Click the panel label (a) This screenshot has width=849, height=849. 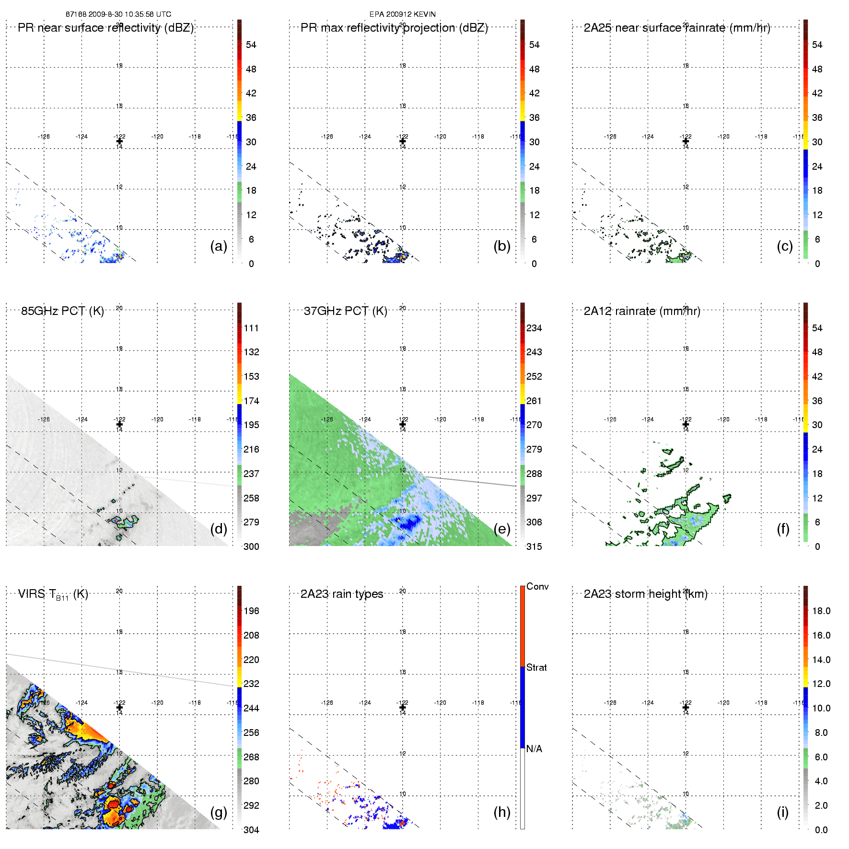pyautogui.click(x=218, y=246)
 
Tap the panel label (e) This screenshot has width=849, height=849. pyautogui.click(x=501, y=529)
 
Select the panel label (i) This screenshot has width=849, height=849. pyautogui.click(x=782, y=812)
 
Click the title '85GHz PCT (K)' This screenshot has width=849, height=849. pyautogui.click(x=62, y=311)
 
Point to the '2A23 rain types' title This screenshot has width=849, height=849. pyautogui.click(x=341, y=594)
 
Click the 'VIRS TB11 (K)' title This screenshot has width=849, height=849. pyautogui.click(x=53, y=594)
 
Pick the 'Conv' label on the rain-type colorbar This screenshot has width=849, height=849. pyautogui.click(x=537, y=586)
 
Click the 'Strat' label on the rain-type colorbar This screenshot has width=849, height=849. pyautogui.click(x=536, y=667)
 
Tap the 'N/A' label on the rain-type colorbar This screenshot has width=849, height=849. pyautogui.click(x=534, y=749)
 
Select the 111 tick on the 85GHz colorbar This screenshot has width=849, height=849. pyautogui.click(x=251, y=328)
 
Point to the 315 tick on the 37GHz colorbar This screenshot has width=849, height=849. pyautogui.click(x=534, y=547)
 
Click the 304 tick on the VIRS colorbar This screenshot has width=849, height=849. pyautogui.click(x=251, y=830)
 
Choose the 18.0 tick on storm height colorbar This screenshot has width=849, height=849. pyautogui.click(x=821, y=611)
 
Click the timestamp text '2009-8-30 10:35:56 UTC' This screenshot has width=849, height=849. pyautogui.click(x=129, y=14)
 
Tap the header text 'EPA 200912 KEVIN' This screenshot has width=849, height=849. pyautogui.click(x=402, y=14)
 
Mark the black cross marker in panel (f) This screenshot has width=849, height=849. pyautogui.click(x=686, y=424)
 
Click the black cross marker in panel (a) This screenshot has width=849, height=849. pyautogui.click(x=119, y=141)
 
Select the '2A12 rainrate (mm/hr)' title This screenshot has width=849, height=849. pyautogui.click(x=641, y=311)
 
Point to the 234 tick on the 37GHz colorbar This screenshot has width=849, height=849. pyautogui.click(x=534, y=328)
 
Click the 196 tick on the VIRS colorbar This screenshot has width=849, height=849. pyautogui.click(x=251, y=611)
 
